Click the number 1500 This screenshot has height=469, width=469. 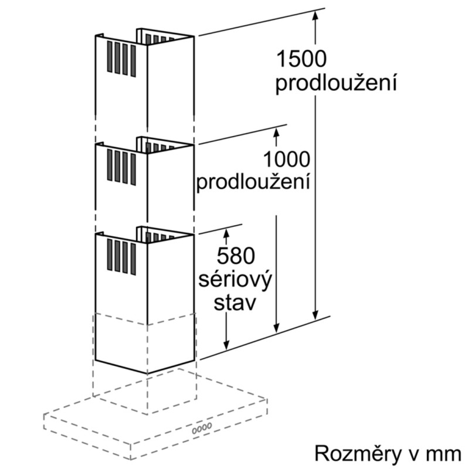point(301,59)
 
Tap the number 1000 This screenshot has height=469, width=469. point(287,159)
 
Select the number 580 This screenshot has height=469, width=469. point(236,256)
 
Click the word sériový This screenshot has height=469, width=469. point(235,280)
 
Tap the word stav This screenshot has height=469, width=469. point(235,303)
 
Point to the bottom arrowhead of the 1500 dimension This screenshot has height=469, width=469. point(315,315)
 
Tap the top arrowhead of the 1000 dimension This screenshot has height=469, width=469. point(276,132)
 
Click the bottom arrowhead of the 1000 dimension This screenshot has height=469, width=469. point(276,328)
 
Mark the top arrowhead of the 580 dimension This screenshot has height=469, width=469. point(226,233)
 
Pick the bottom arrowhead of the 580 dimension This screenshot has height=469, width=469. point(226,345)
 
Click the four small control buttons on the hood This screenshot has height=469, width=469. point(202,429)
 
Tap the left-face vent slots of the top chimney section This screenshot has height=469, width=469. point(121,59)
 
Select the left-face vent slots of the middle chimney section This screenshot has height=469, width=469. point(121,167)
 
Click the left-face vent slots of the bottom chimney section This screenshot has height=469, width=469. point(121,257)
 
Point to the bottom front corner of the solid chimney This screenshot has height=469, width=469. point(147,373)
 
